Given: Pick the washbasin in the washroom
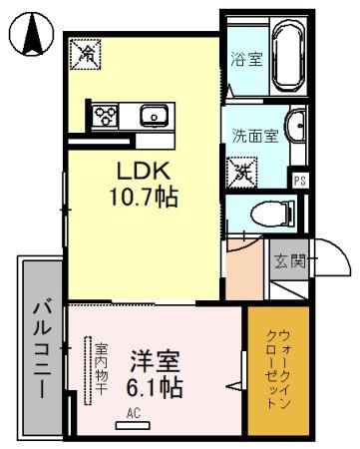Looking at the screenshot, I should [x=294, y=127].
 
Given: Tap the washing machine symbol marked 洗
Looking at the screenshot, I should [x=242, y=171].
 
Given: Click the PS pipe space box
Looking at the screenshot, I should [x=299, y=181].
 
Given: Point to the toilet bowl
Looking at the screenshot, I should [x=270, y=212].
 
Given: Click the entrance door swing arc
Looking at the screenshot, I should [x=334, y=262].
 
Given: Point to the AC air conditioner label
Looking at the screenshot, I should [x=133, y=411].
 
